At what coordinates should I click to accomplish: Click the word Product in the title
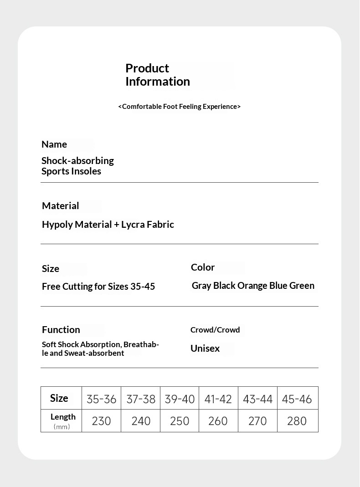click(x=147, y=68)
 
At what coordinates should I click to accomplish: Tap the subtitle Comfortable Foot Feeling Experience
click(x=180, y=107)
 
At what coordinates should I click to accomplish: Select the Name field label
click(x=54, y=144)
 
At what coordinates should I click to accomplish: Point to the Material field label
click(x=61, y=206)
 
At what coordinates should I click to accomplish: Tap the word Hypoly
click(x=57, y=225)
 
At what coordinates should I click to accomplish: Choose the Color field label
click(x=203, y=267)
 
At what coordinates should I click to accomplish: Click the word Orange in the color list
click(x=252, y=286)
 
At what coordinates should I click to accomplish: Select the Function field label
click(x=61, y=330)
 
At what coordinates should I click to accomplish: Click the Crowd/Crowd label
click(x=215, y=330)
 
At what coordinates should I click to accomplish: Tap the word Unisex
click(x=205, y=349)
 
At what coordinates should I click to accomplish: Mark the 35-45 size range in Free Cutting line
click(x=143, y=287)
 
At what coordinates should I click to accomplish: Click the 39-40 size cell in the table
click(x=180, y=399)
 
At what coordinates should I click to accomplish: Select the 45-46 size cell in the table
click(x=297, y=399)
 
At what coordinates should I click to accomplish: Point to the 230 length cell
click(x=101, y=421)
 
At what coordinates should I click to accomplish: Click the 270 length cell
click(x=257, y=421)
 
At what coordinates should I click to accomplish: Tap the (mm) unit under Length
click(x=62, y=427)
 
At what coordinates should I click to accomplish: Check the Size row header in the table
click(x=59, y=398)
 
